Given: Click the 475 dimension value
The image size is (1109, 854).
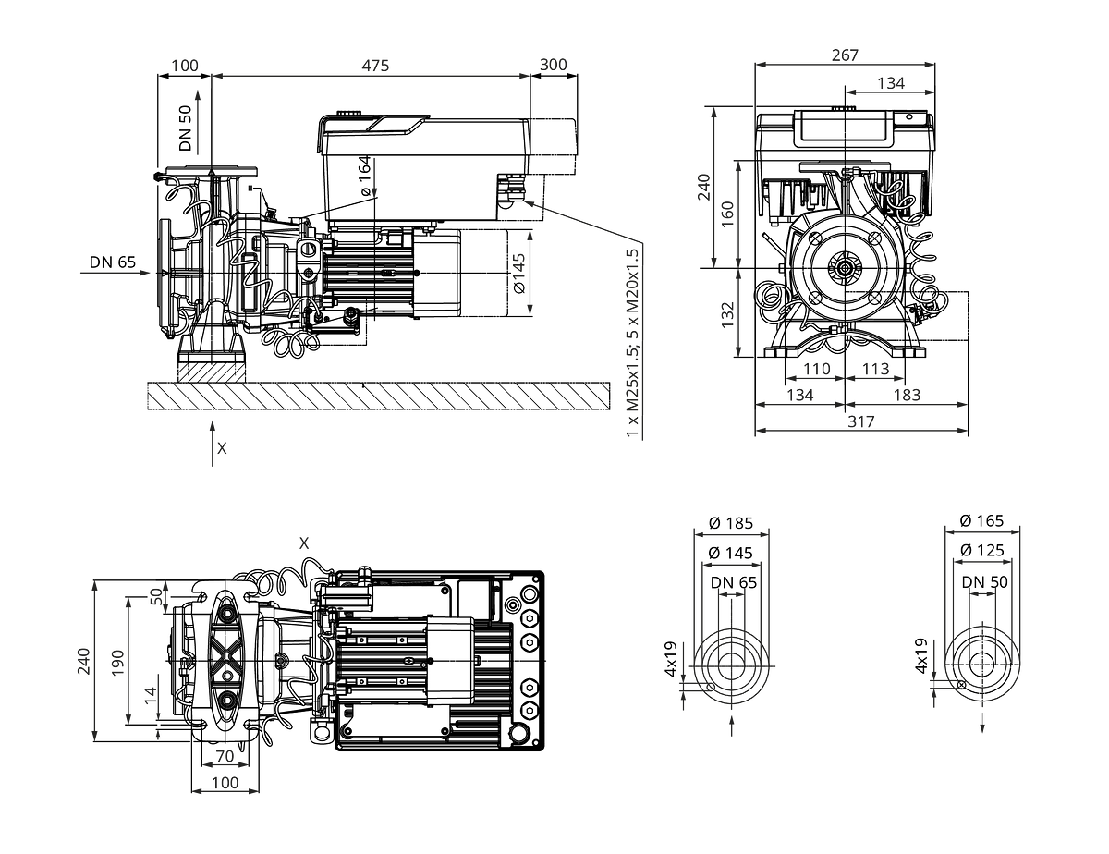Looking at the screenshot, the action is tap(375, 66).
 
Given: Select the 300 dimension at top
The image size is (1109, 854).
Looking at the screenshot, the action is tap(554, 65).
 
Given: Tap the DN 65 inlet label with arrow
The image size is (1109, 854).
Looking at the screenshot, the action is tap(113, 262).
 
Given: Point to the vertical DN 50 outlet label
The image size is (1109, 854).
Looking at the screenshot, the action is tap(186, 128).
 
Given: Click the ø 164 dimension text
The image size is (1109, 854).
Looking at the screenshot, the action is tap(364, 176).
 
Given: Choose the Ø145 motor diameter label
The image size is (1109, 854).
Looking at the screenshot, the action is tap(518, 274).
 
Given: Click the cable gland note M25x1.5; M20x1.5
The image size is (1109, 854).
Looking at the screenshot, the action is tap(632, 343).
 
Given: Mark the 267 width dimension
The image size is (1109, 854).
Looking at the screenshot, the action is tap(845, 55).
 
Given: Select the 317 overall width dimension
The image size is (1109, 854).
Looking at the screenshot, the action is tap(861, 421).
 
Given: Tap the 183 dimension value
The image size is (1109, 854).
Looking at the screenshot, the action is tap(907, 395).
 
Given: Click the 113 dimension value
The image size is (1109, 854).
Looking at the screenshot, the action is tap(875, 369).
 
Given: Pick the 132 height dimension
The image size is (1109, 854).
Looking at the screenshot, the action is tap(727, 315).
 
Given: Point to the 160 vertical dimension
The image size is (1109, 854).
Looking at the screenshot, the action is tap(727, 214).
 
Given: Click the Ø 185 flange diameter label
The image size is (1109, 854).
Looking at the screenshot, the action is tap(731, 523).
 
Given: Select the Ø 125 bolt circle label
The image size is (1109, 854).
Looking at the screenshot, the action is tap(981, 550).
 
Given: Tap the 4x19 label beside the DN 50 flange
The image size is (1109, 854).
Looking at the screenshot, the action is tap(920, 655).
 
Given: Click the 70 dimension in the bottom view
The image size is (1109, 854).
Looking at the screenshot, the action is tap(225, 756).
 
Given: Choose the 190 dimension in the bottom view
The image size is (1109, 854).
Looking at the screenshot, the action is tap(118, 663).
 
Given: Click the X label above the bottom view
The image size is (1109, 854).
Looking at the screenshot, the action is tap(304, 543).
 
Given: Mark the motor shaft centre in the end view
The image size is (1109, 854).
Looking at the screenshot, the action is tap(845, 267).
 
